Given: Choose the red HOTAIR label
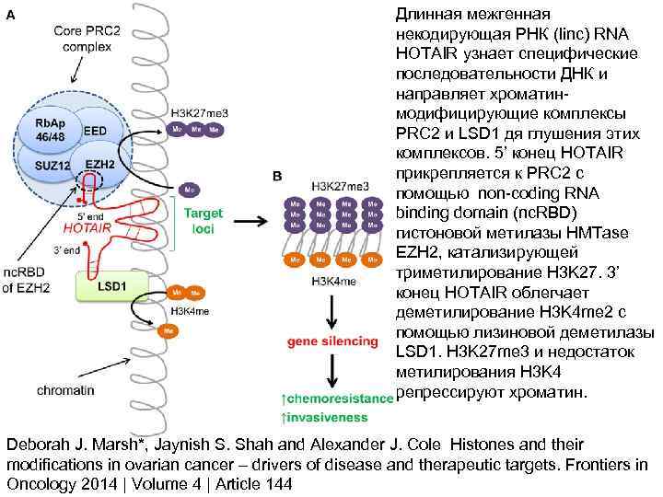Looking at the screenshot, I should click(x=87, y=226).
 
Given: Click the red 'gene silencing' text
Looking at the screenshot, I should click(x=332, y=341).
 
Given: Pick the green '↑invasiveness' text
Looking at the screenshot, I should click(x=326, y=415).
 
